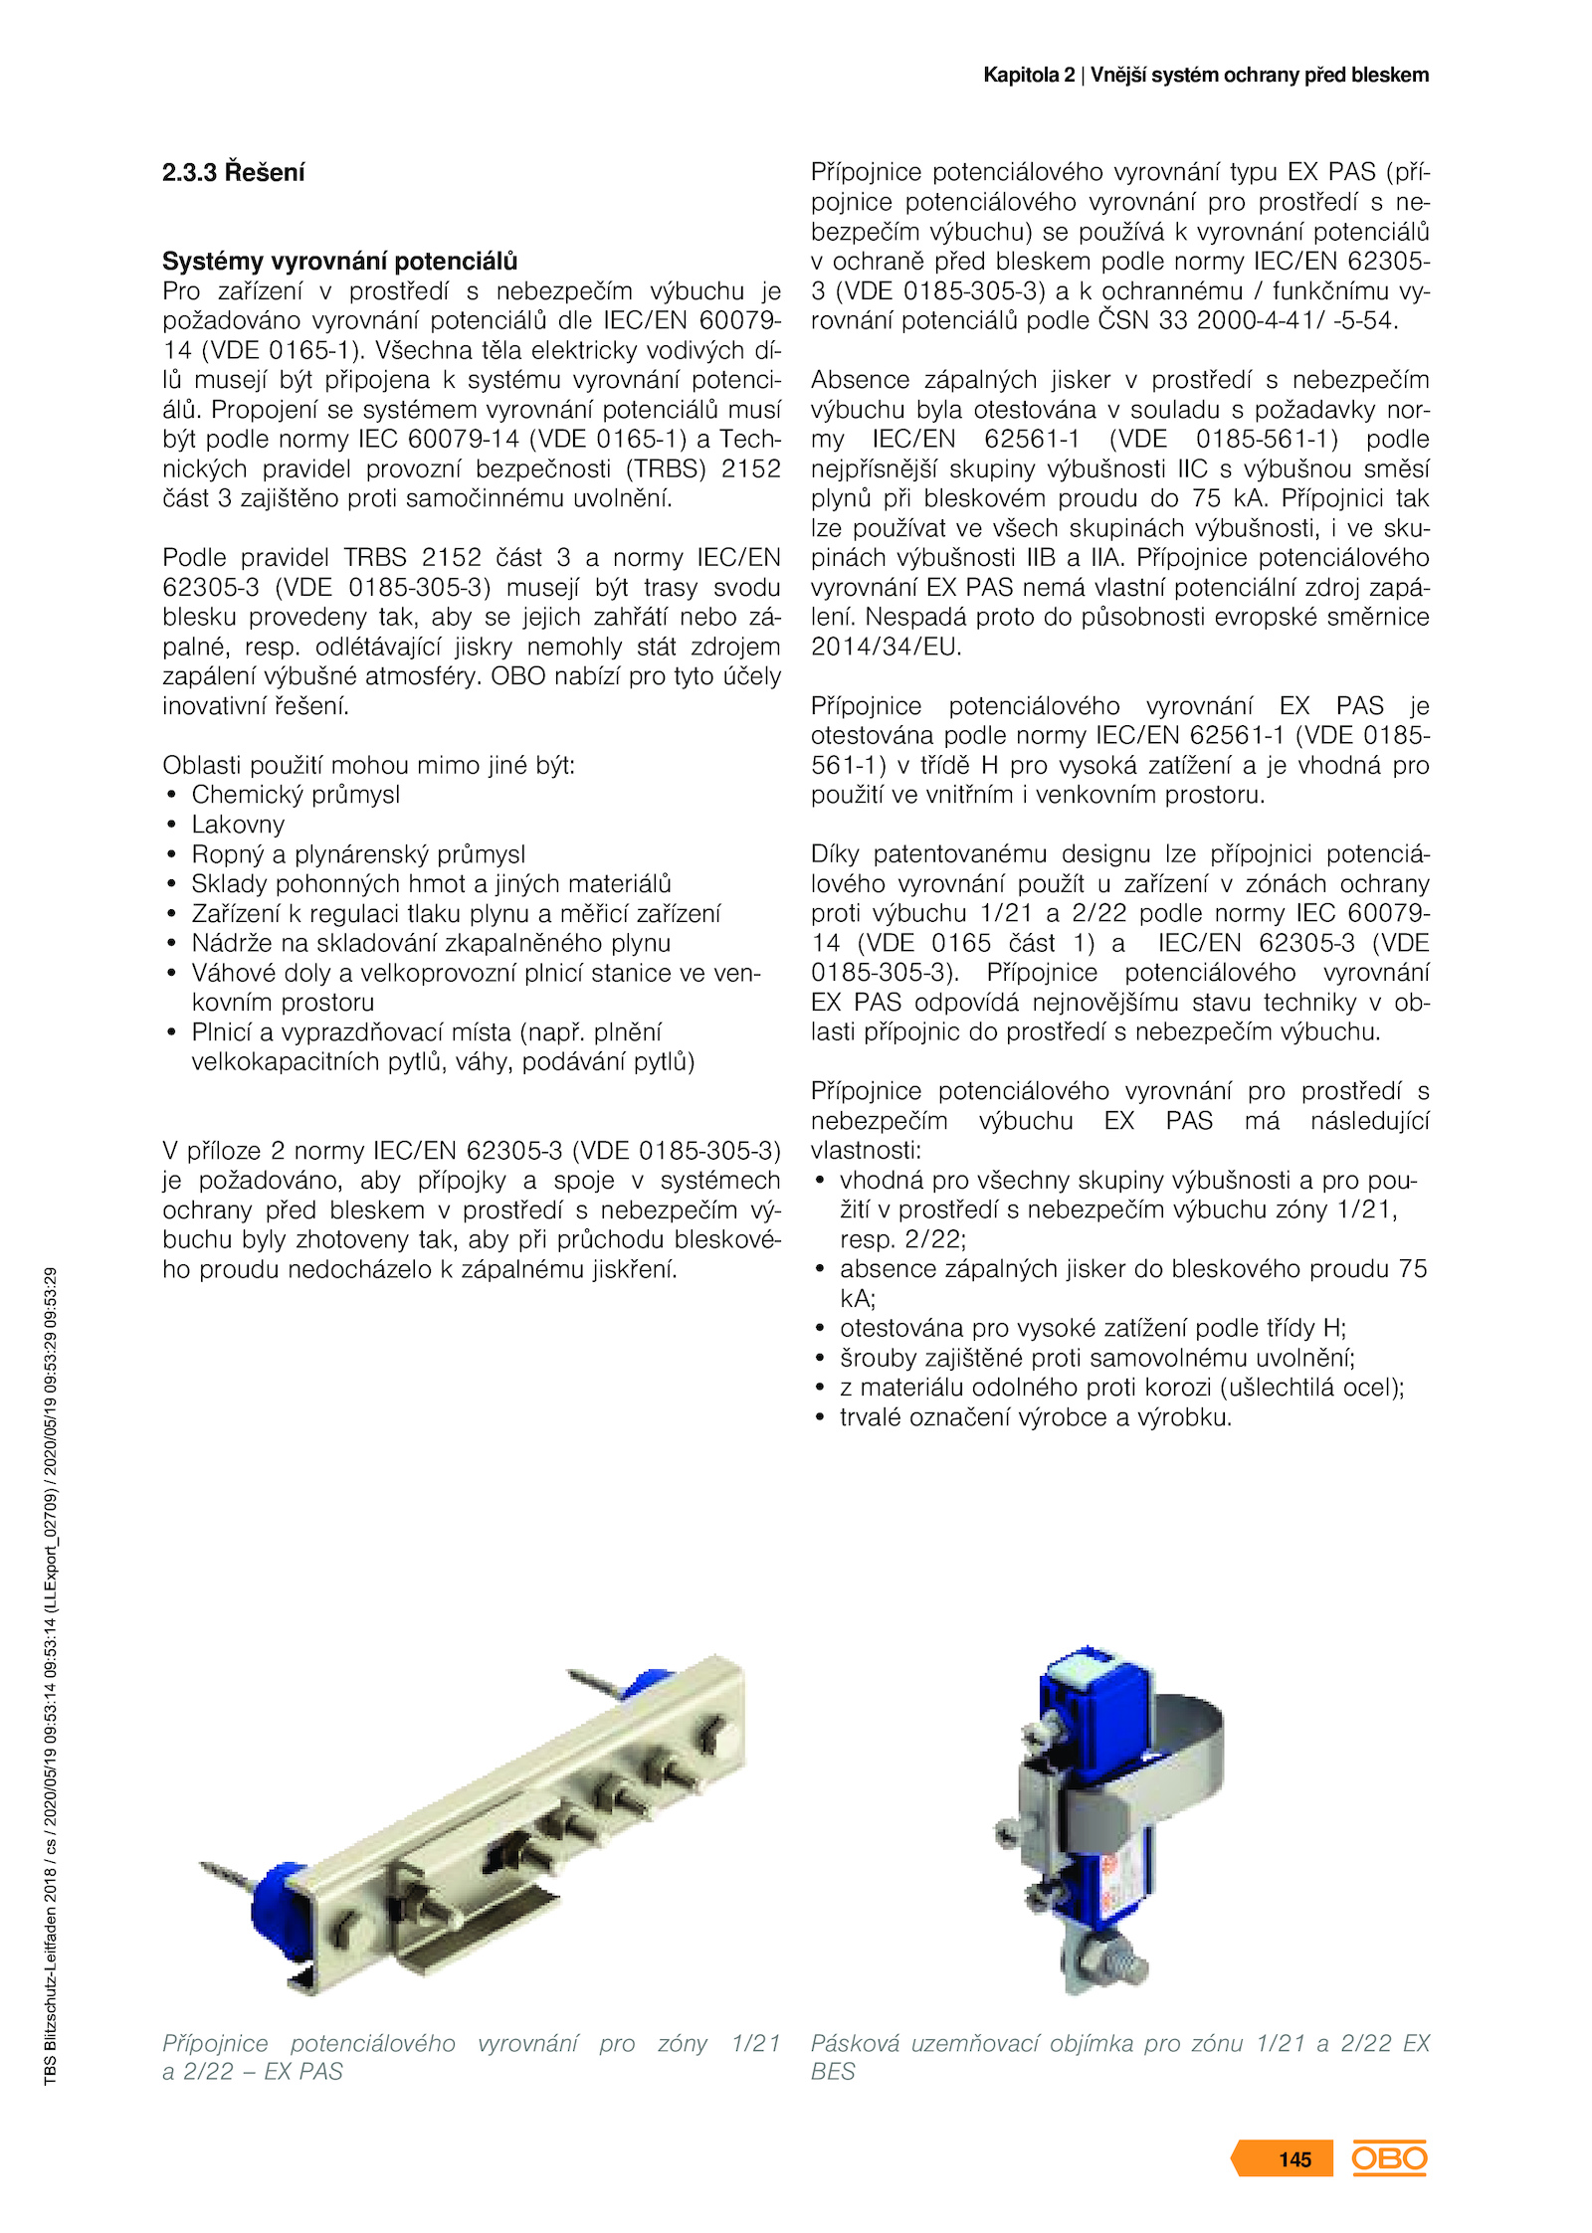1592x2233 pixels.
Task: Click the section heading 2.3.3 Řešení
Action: click(233, 172)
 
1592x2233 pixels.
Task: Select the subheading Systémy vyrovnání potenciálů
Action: click(339, 262)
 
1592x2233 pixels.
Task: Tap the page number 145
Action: click(1294, 2159)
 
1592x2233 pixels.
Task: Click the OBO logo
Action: click(1389, 2158)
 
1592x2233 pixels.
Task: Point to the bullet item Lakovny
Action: click(238, 825)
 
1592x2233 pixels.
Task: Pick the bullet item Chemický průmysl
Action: click(296, 795)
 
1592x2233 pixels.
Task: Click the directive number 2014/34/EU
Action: click(887, 647)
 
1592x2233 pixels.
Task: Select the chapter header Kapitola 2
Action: click(1029, 76)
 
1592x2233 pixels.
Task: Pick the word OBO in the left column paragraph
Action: click(518, 676)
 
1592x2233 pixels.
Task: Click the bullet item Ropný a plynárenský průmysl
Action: click(358, 854)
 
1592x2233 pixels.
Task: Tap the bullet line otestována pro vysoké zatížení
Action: click(1093, 1328)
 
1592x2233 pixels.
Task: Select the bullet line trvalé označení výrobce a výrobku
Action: click(1035, 1417)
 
